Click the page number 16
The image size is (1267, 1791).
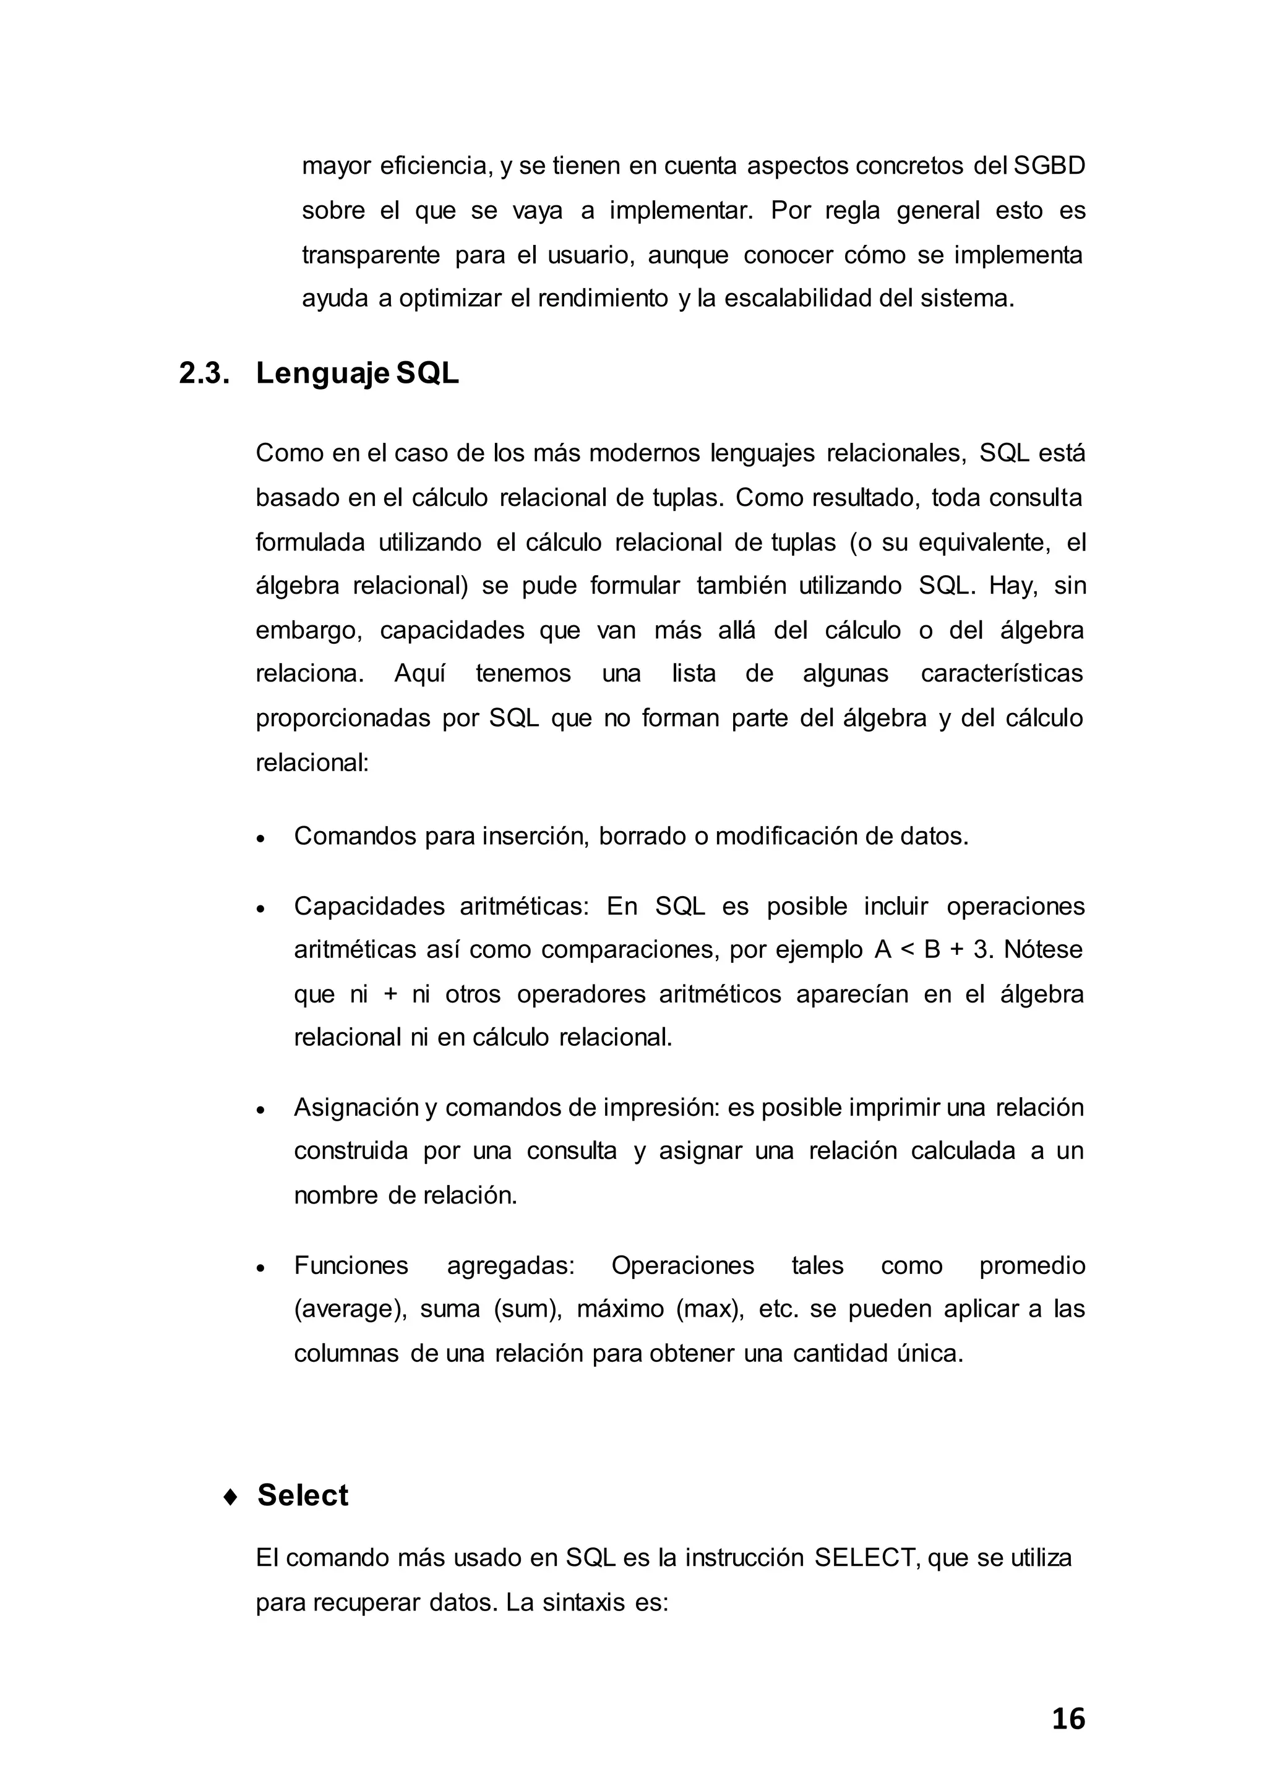[x=1067, y=1719]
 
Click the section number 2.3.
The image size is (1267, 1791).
[x=204, y=374]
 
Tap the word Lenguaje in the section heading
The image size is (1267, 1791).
[x=322, y=374]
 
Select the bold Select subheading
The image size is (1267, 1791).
[x=303, y=1495]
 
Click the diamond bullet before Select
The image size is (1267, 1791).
[x=230, y=1497]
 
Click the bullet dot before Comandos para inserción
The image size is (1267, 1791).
[x=261, y=839]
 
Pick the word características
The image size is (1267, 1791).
[x=1001, y=673]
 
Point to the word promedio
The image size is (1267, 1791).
[x=1031, y=1265]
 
